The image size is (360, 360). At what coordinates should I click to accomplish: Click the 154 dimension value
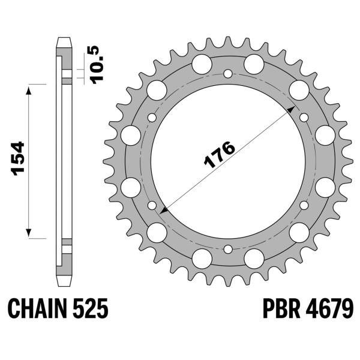17,158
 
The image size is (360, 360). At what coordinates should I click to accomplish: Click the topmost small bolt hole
227,74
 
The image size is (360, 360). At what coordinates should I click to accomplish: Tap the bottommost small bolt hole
227,248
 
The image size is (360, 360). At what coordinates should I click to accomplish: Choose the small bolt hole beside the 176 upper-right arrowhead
304,117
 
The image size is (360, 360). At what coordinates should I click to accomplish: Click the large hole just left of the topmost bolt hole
202,63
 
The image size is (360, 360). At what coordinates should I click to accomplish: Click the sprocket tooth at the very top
228,42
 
